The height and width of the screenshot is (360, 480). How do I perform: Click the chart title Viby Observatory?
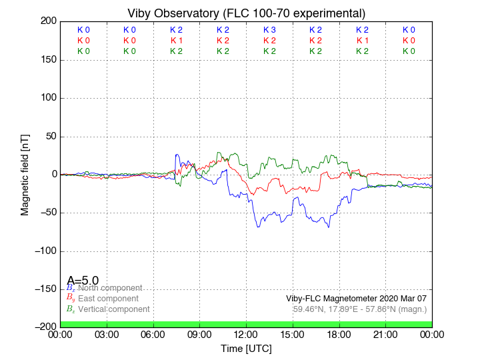246,13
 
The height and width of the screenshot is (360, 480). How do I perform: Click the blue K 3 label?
269,30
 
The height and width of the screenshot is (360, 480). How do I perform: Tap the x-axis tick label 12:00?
246,335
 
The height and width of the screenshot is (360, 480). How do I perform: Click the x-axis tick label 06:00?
153,335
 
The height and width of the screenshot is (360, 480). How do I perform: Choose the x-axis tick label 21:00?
385,335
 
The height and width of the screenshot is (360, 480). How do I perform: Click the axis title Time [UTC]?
246,348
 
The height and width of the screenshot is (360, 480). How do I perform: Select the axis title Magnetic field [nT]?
25,173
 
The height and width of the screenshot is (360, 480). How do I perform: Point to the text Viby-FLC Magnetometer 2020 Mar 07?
356,299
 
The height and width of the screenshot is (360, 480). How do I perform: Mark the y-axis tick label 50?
50,136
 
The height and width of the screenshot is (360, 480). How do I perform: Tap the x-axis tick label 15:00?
293,335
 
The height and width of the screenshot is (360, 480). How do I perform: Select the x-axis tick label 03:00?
107,335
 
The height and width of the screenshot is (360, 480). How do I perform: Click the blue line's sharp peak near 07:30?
176,155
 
